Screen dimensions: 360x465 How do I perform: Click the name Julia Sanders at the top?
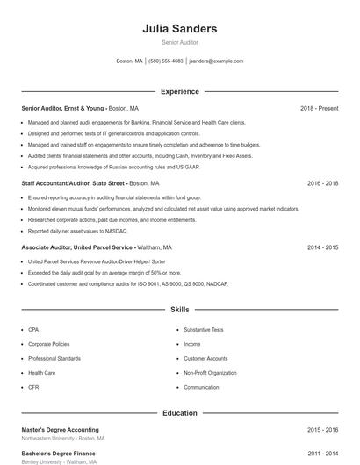point(180,28)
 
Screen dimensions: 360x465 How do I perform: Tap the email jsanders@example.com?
point(216,61)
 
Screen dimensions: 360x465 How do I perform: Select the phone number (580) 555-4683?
point(166,61)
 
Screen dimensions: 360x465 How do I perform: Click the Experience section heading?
point(180,91)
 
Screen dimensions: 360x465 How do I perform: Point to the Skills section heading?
point(180,310)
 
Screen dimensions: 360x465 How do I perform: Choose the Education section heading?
point(180,412)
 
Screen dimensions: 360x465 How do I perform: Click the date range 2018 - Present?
point(319,108)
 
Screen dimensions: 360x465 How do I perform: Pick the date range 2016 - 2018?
point(322,183)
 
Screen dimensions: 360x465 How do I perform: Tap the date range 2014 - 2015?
point(322,247)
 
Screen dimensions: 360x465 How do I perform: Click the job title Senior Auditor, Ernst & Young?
point(63,108)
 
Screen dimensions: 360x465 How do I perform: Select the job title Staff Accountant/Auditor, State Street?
point(74,183)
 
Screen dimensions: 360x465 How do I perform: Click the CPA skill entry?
point(33,329)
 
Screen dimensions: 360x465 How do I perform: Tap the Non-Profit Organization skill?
point(210,373)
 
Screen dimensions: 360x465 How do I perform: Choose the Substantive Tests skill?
point(204,329)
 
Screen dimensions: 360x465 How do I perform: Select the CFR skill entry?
point(33,387)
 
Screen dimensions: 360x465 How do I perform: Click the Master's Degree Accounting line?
point(60,430)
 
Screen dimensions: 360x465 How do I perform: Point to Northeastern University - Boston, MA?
point(62,439)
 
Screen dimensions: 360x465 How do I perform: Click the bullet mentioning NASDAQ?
point(77,231)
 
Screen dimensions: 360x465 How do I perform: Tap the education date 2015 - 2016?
point(322,430)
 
